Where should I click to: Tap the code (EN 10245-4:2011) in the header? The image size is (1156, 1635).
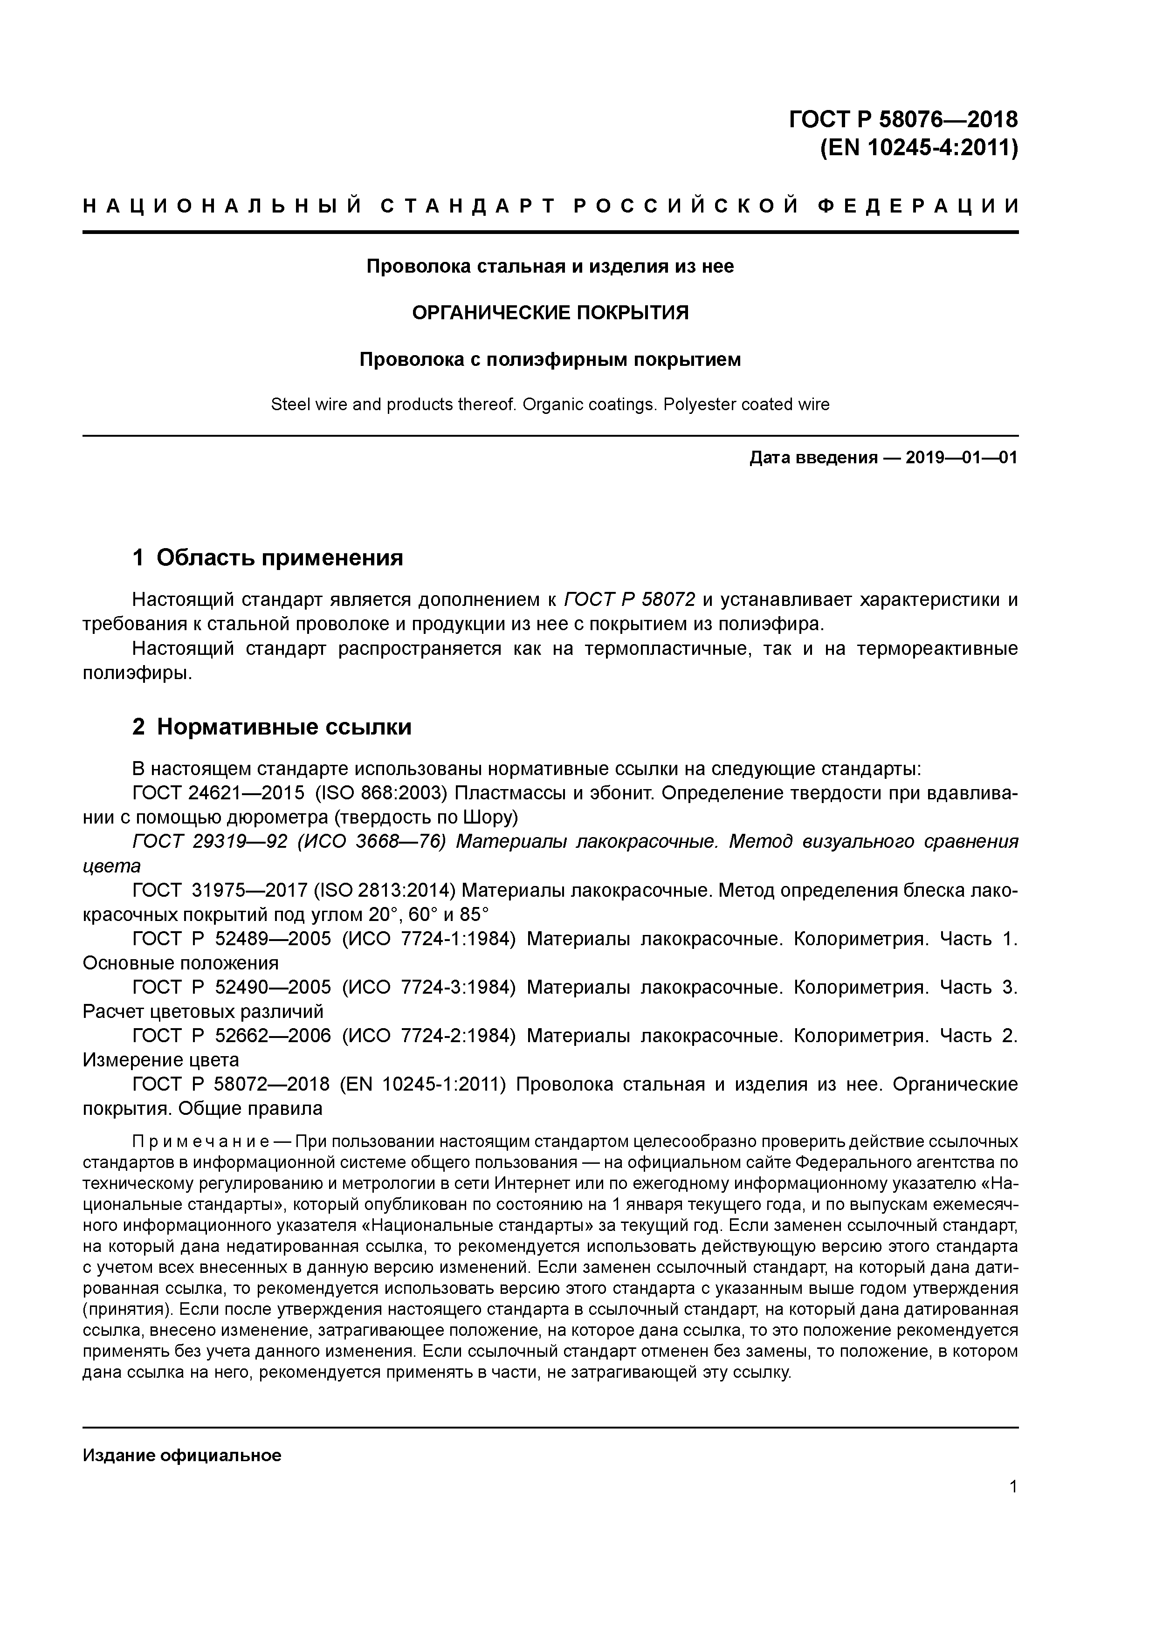click(x=919, y=148)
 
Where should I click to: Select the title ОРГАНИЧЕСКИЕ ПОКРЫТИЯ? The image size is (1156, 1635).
click(x=550, y=313)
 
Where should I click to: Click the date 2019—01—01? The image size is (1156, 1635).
click(x=962, y=457)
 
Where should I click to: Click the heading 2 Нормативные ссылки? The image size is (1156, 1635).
click(x=272, y=727)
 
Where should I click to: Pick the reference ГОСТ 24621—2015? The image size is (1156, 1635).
click(x=218, y=793)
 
